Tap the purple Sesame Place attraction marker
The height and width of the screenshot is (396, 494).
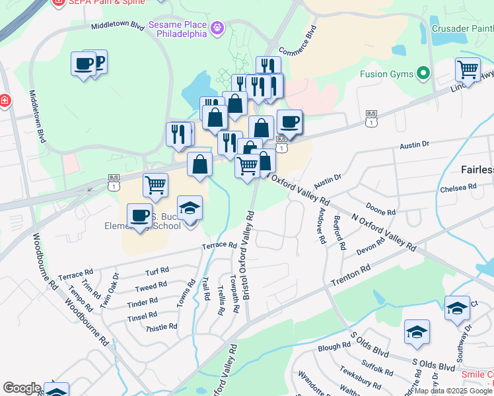click(x=217, y=28)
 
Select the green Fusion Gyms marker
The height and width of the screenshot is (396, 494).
click(x=423, y=73)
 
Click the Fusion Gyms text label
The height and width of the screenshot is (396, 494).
click(x=386, y=74)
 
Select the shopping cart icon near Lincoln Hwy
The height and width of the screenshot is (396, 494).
click(x=468, y=68)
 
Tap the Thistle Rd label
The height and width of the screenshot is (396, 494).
click(x=161, y=327)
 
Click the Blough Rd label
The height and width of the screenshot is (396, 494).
click(x=334, y=346)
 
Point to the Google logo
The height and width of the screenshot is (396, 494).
click(x=22, y=388)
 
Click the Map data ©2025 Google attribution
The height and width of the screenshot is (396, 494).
click(x=454, y=391)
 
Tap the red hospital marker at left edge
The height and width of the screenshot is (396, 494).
click(x=4, y=101)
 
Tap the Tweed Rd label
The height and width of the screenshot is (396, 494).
click(x=151, y=287)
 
